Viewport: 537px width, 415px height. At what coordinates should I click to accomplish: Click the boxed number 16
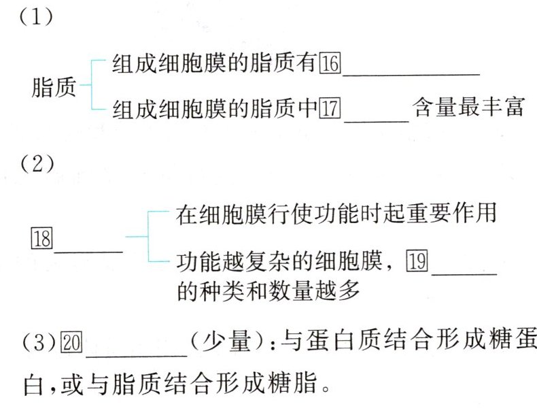coord(330,65)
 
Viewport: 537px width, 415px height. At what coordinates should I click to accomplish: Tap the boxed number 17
coord(330,108)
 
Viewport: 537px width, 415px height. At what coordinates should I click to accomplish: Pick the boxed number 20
coord(71,341)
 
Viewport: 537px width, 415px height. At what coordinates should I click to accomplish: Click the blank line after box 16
coord(411,72)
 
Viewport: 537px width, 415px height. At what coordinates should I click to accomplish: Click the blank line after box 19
coord(464,271)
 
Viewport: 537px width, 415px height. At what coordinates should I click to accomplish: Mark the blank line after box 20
coord(137,351)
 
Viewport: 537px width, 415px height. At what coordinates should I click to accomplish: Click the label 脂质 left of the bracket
coord(54,88)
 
